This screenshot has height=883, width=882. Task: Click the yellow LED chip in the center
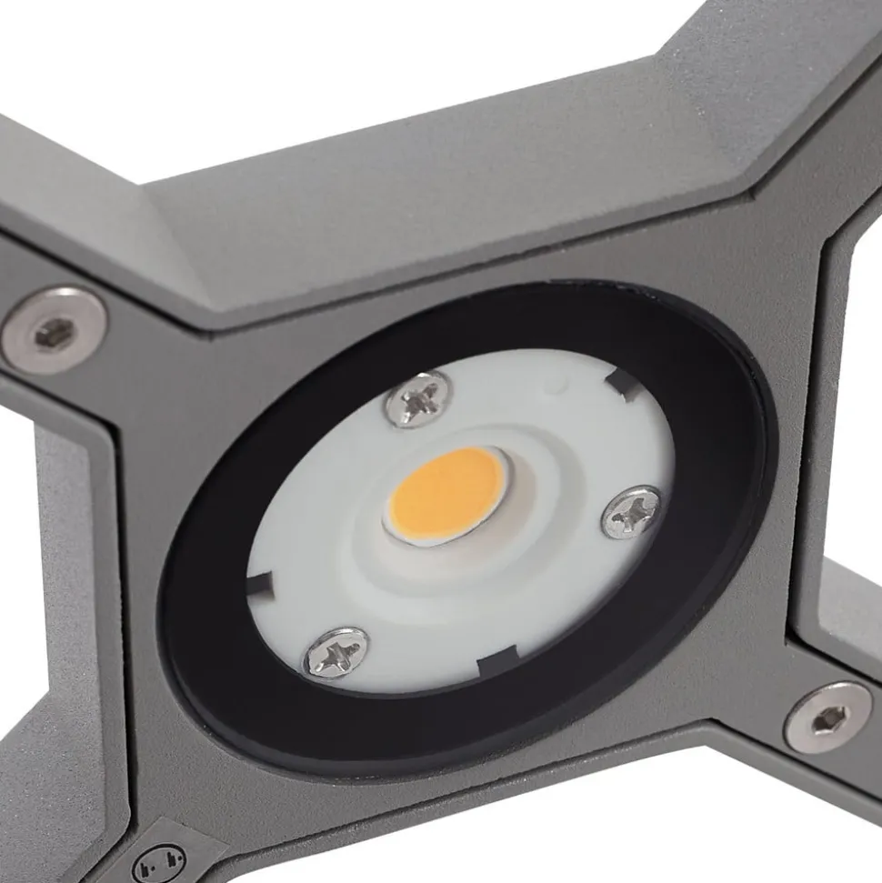(x=447, y=496)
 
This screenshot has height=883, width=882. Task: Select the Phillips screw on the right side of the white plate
(x=630, y=512)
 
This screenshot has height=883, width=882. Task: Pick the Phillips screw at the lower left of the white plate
(x=336, y=652)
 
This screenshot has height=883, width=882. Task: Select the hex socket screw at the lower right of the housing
(x=827, y=718)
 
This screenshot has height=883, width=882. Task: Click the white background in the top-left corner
(x=55, y=45)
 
